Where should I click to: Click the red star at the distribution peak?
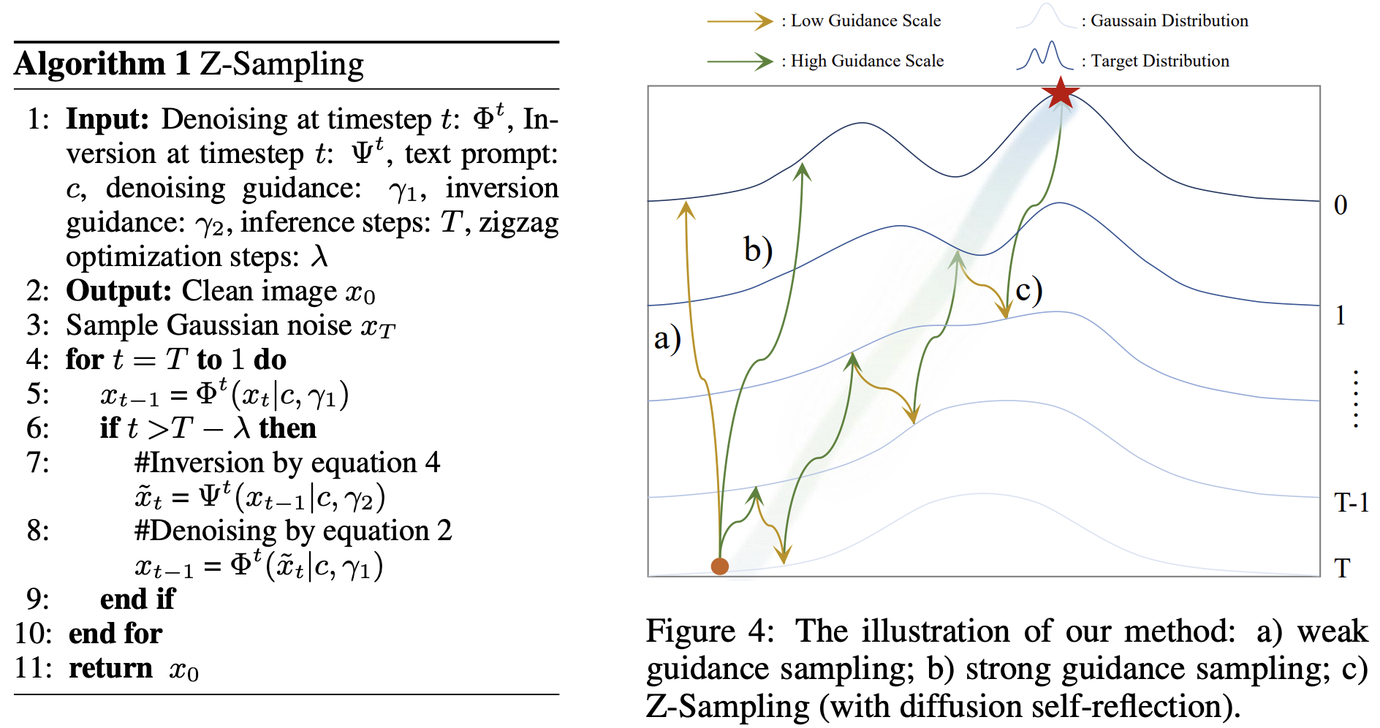coord(1061,92)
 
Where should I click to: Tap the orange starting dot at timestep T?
coord(720,566)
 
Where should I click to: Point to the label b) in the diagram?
coord(758,249)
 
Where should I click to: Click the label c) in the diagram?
coord(1028,290)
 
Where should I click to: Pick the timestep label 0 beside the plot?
coord(1341,205)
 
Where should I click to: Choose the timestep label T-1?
coord(1351,503)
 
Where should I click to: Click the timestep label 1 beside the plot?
coord(1341,315)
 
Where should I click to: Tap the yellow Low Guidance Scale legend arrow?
coord(740,21)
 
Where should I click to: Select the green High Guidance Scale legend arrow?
coord(740,61)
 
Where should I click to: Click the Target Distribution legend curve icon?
coord(1045,56)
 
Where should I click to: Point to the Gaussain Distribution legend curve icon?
coord(1045,16)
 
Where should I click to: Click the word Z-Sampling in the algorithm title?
coord(281,64)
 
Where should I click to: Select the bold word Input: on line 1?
coord(107,119)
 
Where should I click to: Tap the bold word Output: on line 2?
coord(118,291)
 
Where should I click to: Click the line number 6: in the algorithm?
coord(38,428)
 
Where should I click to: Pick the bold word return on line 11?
coord(110,668)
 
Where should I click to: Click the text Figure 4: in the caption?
coord(709,631)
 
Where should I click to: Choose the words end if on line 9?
coord(137,599)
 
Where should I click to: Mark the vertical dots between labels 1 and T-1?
coord(1356,399)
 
